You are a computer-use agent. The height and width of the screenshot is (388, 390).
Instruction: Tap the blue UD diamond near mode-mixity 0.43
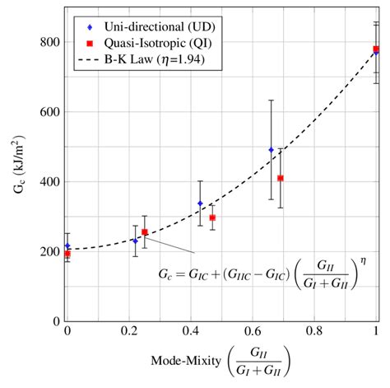(200, 203)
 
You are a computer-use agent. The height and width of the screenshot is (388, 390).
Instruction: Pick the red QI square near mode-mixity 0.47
(212, 218)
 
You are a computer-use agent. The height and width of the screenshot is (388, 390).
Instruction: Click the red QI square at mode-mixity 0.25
(145, 232)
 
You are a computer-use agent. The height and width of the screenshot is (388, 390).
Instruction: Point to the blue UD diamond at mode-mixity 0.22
(135, 241)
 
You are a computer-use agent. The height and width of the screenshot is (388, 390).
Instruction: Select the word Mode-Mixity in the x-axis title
(182, 360)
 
